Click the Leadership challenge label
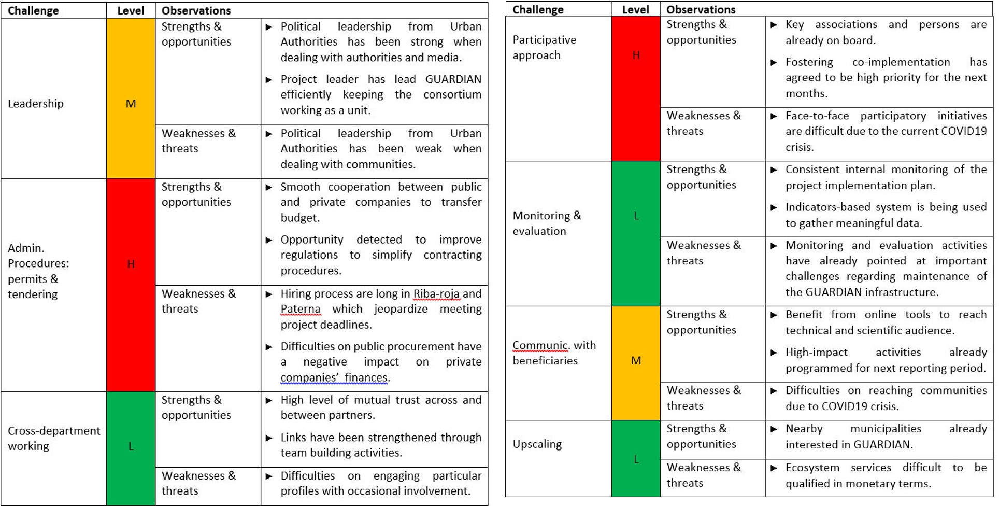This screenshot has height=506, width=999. click(36, 104)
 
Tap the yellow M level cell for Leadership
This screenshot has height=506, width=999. click(131, 104)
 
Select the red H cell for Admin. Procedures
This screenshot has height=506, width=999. click(131, 264)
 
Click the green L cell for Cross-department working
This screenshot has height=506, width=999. click(131, 446)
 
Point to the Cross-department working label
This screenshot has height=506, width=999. click(54, 438)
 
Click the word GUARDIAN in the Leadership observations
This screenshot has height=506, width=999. click(453, 79)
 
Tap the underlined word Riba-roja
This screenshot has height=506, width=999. click(436, 294)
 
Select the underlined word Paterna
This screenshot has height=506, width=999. click(301, 309)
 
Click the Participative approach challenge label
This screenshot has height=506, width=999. click(544, 47)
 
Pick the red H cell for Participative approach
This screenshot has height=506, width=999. click(636, 55)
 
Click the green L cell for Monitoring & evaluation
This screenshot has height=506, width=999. click(636, 216)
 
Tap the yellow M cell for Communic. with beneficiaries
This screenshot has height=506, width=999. click(636, 360)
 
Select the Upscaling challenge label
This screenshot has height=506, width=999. click(537, 444)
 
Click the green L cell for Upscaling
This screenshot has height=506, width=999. click(636, 459)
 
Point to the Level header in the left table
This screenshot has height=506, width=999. click(131, 10)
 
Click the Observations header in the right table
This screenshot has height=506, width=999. click(701, 9)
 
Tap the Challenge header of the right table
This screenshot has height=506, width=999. click(538, 9)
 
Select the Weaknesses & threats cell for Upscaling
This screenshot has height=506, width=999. click(704, 475)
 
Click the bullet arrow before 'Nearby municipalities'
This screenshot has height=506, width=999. click(774, 429)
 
